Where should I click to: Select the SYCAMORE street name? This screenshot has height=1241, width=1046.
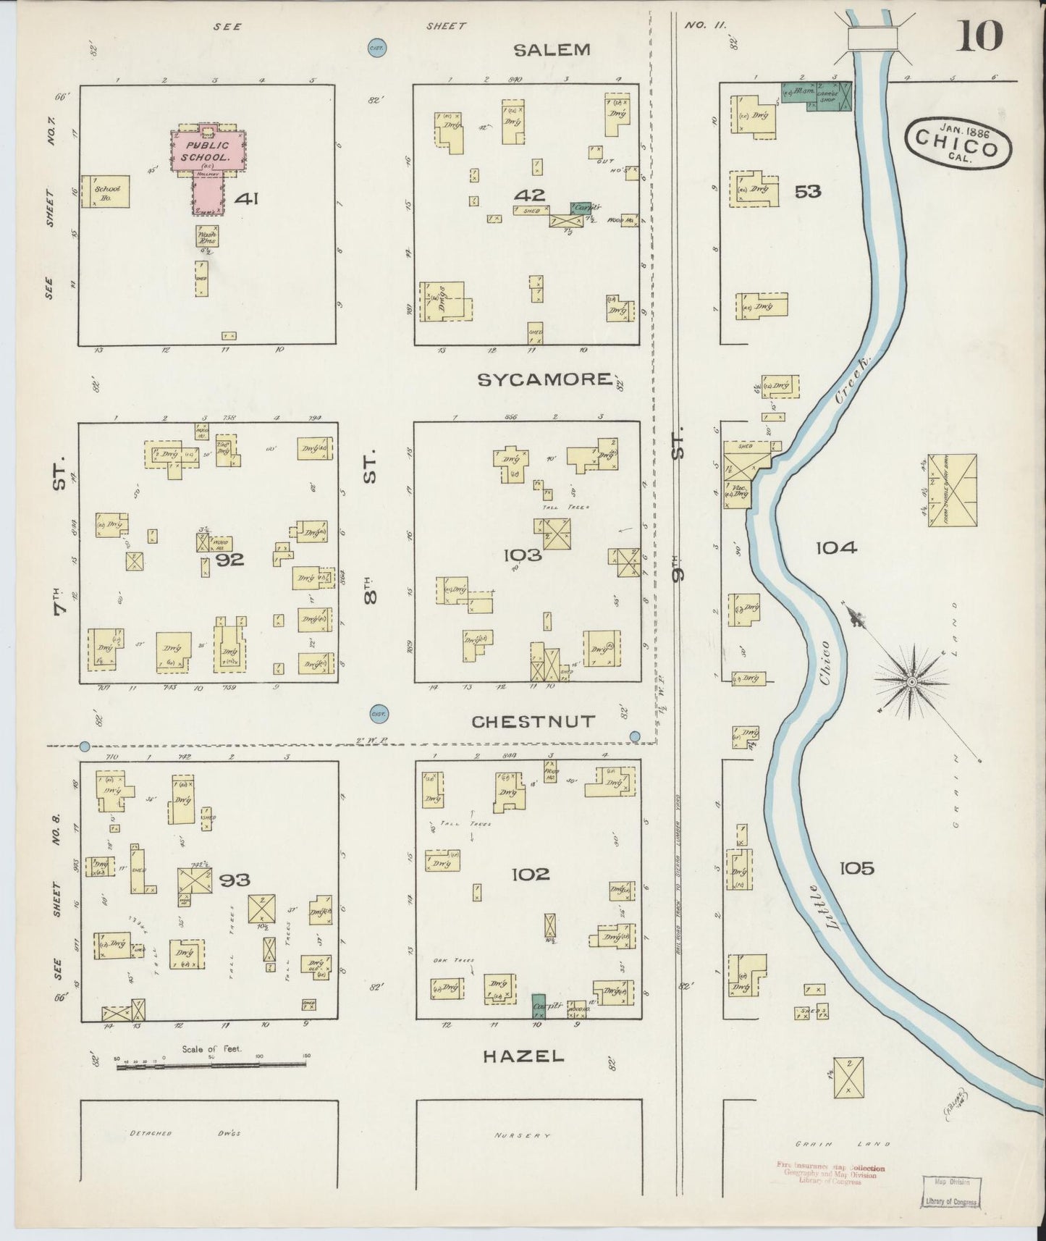point(545,379)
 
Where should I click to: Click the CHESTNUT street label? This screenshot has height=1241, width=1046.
point(533,722)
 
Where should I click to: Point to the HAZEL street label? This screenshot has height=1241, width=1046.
point(523,1056)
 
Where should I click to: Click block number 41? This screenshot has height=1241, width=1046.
point(246,198)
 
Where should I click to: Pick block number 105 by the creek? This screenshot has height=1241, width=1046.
point(857,867)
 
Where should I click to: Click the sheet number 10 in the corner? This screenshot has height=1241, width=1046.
point(979,35)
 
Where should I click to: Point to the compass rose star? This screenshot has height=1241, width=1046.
point(911,681)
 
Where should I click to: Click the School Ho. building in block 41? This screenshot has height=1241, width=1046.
point(106,192)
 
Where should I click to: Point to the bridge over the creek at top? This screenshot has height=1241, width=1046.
point(872,39)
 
